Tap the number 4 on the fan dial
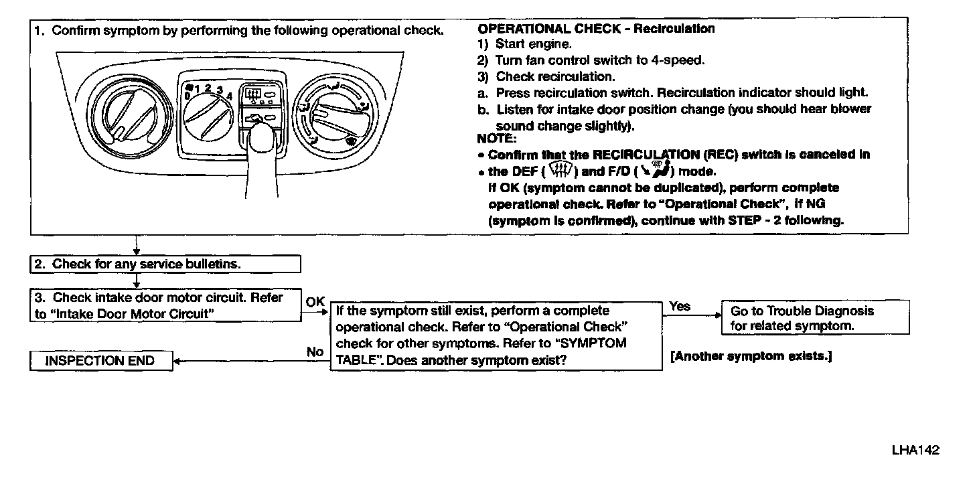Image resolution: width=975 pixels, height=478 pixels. point(230,96)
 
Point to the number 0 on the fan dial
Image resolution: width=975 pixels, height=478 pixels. point(187,96)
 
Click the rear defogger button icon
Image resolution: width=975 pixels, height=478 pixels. point(253,94)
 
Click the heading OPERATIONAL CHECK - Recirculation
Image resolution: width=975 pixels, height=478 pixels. point(596,29)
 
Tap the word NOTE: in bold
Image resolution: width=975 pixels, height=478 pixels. point(496,139)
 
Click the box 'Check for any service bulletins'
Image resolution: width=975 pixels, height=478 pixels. point(165,264)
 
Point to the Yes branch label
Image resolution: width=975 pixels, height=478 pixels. point(680,307)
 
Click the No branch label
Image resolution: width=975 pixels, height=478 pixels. point(315,351)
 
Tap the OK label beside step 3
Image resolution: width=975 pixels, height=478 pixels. point(315,302)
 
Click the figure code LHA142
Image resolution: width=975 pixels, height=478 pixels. point(915,450)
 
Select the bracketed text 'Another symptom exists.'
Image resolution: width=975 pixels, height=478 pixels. point(751,356)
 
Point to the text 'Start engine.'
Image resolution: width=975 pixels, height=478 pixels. point(534,44)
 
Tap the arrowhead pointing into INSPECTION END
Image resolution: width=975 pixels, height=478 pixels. point(177,362)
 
